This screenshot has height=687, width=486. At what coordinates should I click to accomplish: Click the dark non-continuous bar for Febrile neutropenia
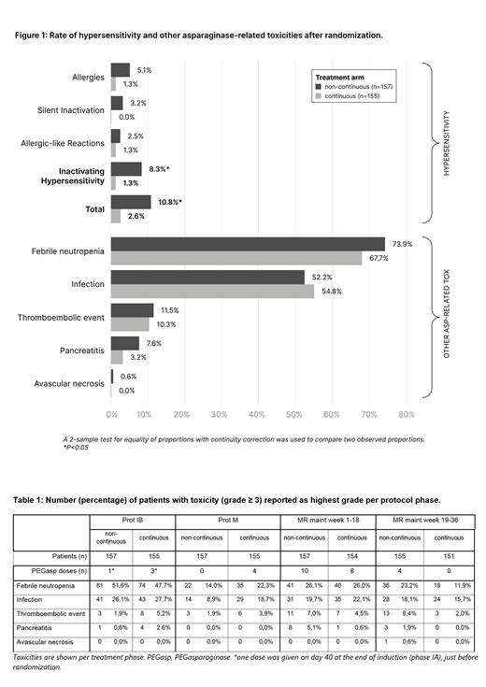248,245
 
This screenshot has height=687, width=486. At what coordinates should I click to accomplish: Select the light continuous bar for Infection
212,292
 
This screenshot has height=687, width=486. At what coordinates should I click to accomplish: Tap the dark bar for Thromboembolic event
132,310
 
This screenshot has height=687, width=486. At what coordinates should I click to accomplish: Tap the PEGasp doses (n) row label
51,570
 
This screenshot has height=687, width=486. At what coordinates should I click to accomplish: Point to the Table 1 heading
206,501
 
